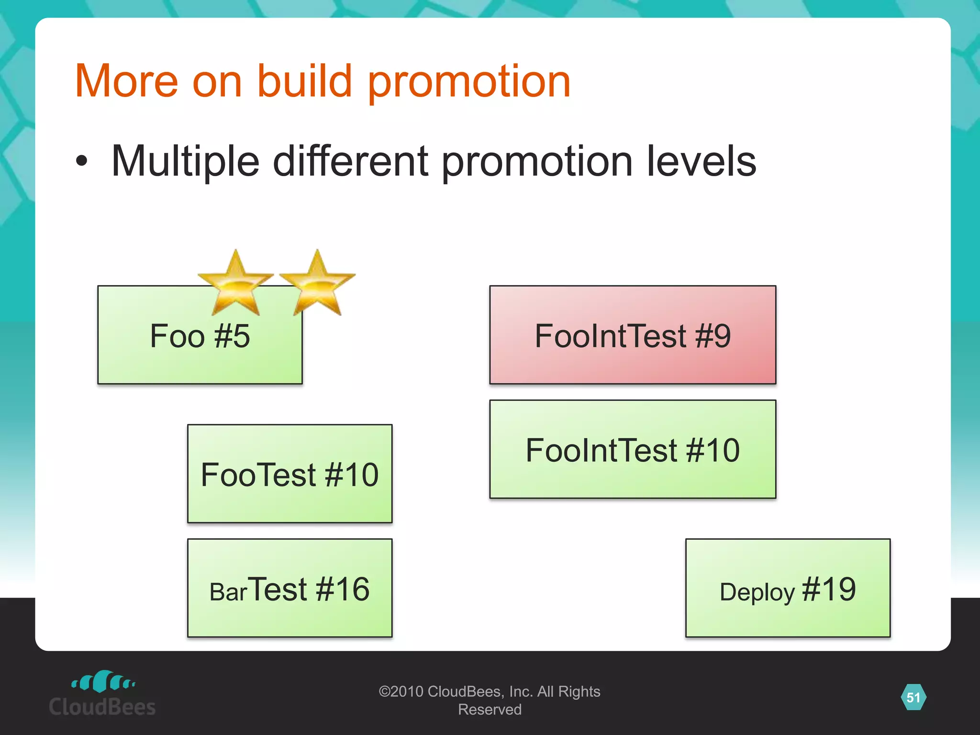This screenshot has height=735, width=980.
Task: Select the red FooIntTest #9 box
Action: pos(633,335)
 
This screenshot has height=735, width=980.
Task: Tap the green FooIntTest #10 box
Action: pos(633,449)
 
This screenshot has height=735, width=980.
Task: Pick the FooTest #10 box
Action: pos(290,474)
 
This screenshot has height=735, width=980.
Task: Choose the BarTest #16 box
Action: pos(290,588)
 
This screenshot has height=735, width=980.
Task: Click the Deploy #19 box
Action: pos(788,588)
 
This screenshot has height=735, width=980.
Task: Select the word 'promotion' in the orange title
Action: pos(469,82)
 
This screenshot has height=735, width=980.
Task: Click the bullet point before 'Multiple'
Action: pos(82,161)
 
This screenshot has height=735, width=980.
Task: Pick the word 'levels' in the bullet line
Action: pos(701,161)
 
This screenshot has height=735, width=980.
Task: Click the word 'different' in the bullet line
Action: pos(350,161)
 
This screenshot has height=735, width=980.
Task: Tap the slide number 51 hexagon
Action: pos(913,697)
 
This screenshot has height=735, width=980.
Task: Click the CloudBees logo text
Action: pos(102,707)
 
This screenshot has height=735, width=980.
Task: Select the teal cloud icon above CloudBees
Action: pos(103,681)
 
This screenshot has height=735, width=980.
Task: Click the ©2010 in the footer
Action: pos(401,691)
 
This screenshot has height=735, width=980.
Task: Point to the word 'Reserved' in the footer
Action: pos(490,710)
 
